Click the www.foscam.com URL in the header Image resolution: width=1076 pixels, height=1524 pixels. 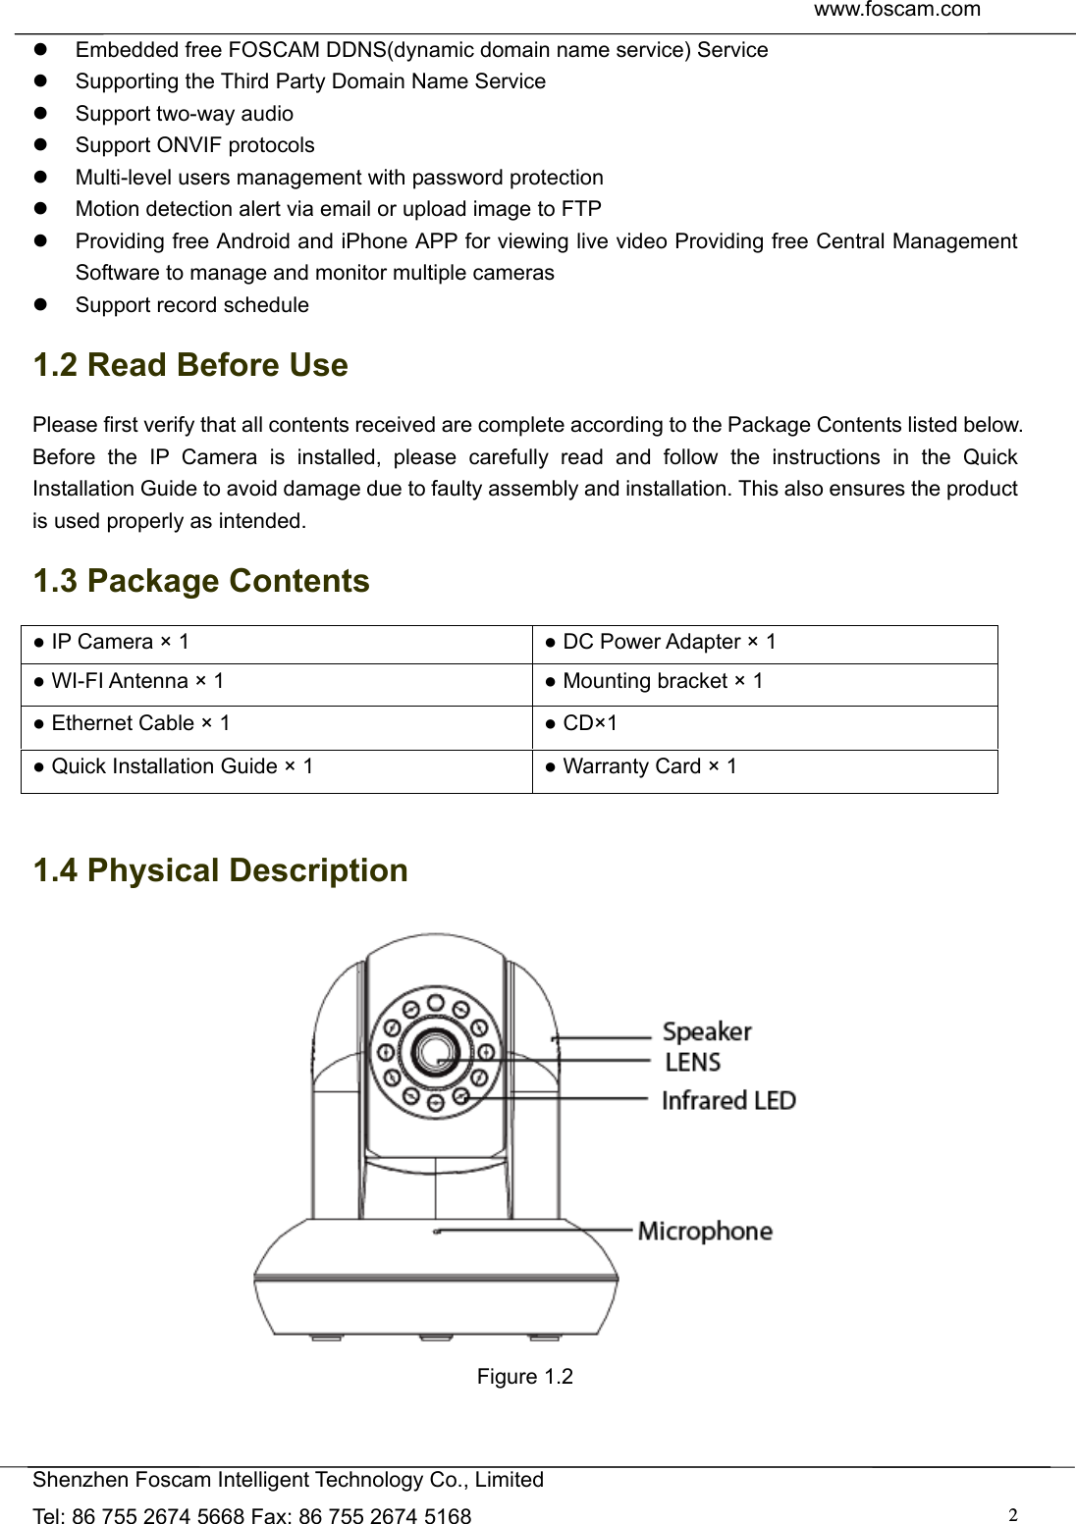(896, 11)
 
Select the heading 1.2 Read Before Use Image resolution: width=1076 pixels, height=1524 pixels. (190, 365)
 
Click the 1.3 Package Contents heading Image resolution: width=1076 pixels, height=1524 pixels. (201, 581)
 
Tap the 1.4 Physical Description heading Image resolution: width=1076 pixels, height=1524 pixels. (220, 870)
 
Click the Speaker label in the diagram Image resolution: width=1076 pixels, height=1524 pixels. (707, 1031)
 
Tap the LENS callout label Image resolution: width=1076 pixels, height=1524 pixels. (693, 1063)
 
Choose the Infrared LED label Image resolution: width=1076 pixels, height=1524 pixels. (728, 1101)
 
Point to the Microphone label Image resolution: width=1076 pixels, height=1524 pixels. (705, 1232)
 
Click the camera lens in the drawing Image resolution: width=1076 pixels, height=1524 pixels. (434, 1051)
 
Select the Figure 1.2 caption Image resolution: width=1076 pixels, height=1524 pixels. (524, 1377)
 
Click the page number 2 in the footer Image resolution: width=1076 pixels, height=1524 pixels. (1012, 1514)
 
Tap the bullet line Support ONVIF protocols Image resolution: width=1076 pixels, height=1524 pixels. (194, 145)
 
